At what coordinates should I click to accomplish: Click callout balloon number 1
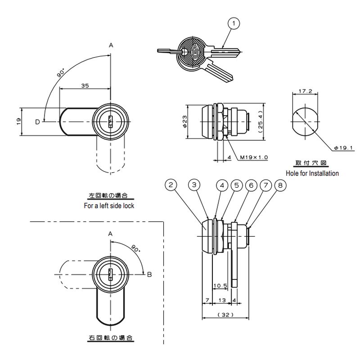coord(234,23)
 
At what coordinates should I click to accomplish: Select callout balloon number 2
coord(171,185)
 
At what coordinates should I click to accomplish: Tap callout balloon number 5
coord(237,185)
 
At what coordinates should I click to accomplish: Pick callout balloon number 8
coord(280,185)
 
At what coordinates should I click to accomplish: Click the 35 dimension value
coord(85,85)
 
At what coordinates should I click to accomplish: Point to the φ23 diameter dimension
coord(185,121)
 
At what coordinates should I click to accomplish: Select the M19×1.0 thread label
coord(254,157)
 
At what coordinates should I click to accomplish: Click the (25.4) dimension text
coord(260,121)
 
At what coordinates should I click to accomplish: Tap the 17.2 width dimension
coord(305,91)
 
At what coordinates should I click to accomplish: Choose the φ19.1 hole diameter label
coord(343,148)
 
